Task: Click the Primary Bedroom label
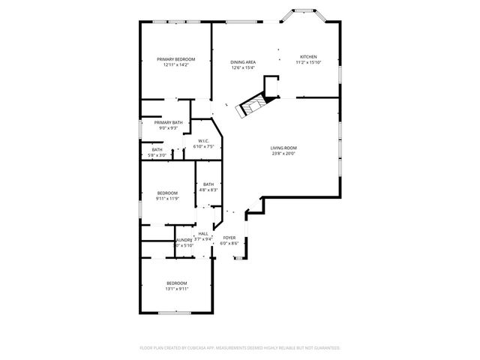click(175, 59)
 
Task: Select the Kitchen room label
click(308, 57)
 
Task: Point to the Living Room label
click(283, 148)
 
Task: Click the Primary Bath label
click(168, 122)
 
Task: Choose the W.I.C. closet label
click(203, 141)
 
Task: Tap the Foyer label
click(229, 238)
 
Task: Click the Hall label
click(203, 234)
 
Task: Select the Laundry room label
click(184, 240)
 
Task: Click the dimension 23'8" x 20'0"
click(283, 154)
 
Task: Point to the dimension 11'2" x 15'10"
click(308, 63)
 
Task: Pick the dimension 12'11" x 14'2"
click(175, 65)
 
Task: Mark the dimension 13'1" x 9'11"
click(177, 289)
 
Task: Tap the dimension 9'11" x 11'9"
click(166, 199)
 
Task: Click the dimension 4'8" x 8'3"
click(208, 190)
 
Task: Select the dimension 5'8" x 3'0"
click(157, 155)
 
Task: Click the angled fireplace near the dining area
click(251, 107)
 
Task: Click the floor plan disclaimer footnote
click(240, 348)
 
